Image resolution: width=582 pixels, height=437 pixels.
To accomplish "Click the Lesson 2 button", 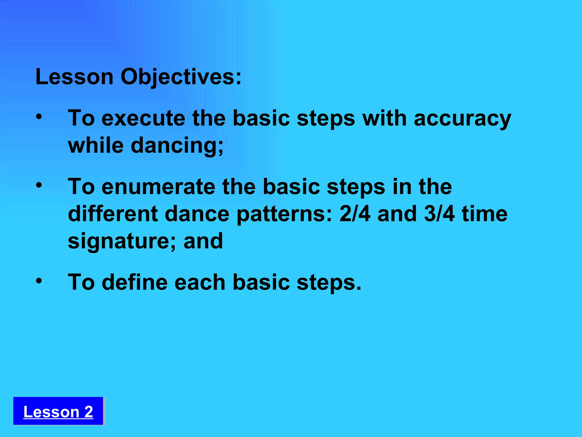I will [x=58, y=411].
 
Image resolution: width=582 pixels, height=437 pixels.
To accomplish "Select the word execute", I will [x=143, y=118].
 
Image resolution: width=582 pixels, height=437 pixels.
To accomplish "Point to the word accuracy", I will [x=462, y=119].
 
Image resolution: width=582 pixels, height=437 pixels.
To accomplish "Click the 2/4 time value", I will [x=355, y=214].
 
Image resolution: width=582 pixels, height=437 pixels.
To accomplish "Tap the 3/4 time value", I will [x=439, y=214].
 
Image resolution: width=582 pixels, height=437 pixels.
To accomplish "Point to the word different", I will [x=113, y=214].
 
